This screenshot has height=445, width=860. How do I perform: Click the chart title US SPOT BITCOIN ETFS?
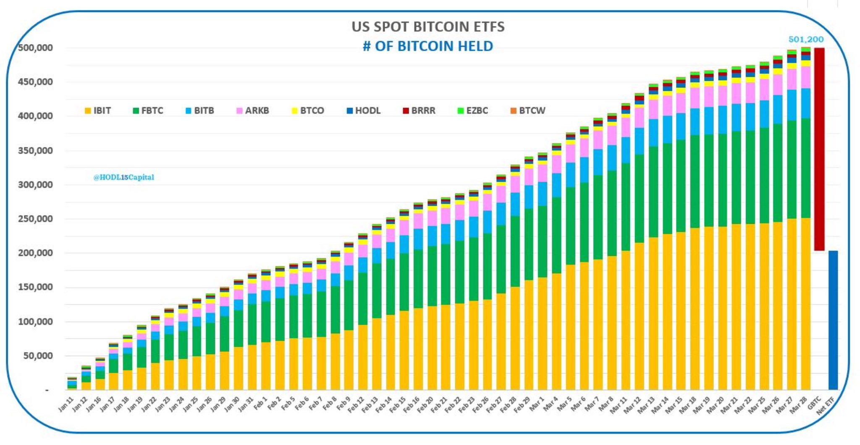click(x=428, y=27)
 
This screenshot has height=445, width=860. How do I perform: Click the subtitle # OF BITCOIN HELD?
click(x=428, y=46)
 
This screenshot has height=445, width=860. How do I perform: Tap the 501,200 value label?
click(x=806, y=39)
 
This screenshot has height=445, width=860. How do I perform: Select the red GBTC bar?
click(x=819, y=149)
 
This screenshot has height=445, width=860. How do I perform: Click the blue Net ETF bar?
click(x=833, y=320)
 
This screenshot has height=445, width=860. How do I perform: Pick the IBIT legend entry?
click(x=98, y=111)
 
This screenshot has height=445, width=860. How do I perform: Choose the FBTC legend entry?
click(x=148, y=111)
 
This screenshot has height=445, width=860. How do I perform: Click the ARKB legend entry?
click(x=252, y=111)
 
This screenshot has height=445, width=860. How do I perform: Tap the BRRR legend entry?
click(x=419, y=111)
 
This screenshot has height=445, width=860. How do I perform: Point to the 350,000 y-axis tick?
click(x=35, y=151)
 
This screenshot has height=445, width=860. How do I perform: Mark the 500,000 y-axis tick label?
click(x=35, y=48)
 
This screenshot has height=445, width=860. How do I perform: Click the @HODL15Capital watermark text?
click(x=123, y=177)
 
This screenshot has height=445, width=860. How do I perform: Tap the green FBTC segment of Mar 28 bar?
click(x=805, y=168)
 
